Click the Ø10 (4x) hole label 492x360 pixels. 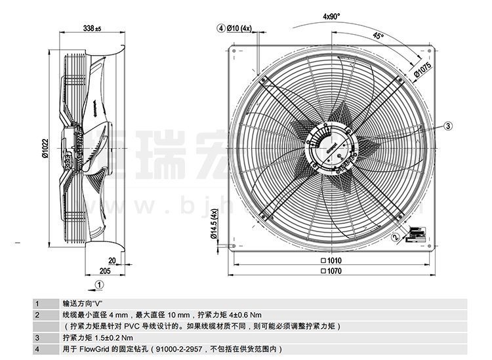tap(239, 28)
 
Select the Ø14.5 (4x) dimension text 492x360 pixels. tap(214, 227)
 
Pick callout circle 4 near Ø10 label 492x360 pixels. tap(221, 28)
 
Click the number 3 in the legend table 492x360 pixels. tap(37, 337)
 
